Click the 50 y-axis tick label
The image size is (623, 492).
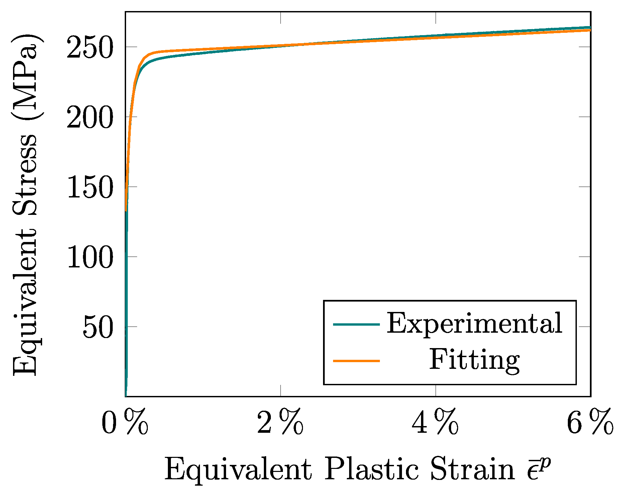point(97,327)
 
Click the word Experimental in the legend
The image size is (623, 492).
point(475,324)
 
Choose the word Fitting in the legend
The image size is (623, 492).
point(475,360)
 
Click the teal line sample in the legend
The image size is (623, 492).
point(356,324)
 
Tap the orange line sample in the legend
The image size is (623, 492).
point(356,361)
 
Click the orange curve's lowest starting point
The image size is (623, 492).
point(126,211)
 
